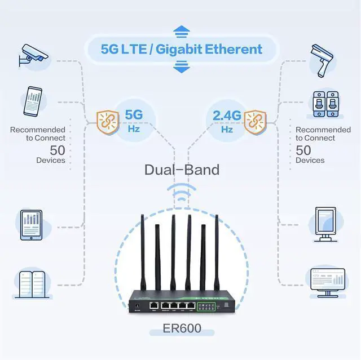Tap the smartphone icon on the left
tap(34, 100)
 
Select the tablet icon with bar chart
tap(32, 225)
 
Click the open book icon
tap(32, 283)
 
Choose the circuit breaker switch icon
tap(326, 104)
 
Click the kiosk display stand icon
tap(326, 225)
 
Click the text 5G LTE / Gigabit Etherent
tap(182, 49)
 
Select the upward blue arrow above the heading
tap(181, 30)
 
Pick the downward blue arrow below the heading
tap(181, 68)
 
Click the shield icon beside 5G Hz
tap(107, 121)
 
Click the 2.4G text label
tap(227, 115)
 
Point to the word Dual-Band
tap(182, 170)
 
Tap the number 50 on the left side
tap(58, 150)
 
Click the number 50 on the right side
tap(303, 150)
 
